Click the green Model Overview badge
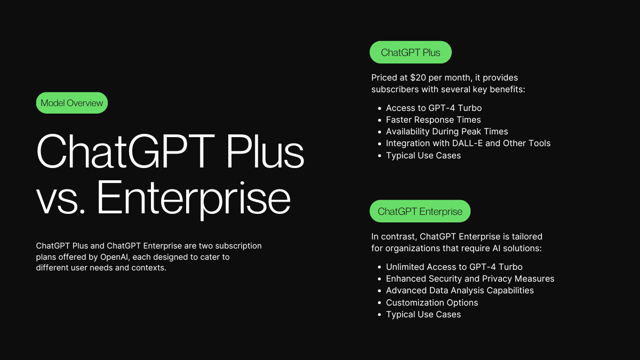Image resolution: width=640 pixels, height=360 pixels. coord(71,103)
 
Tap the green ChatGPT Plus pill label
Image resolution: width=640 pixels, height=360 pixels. coord(411,52)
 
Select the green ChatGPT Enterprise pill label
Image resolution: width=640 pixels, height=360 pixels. coord(420,211)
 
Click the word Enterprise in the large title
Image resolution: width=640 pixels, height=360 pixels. coord(194,198)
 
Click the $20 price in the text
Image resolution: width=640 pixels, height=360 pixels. coord(418,77)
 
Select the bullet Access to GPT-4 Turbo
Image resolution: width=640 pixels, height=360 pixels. coord(434,108)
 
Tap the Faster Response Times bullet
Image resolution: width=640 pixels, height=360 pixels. coord(433,119)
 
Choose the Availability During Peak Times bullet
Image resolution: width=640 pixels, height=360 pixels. coord(447,131)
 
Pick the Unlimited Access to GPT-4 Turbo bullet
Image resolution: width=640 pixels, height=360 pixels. coord(454,267)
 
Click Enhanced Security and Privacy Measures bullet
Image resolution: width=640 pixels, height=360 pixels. coord(470,278)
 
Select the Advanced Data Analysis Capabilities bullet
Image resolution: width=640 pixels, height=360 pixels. coord(460,290)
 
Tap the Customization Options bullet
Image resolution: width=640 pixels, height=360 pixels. coord(431,302)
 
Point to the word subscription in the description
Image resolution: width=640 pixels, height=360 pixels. coord(238,246)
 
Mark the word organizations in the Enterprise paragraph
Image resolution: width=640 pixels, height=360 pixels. coord(412,249)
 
